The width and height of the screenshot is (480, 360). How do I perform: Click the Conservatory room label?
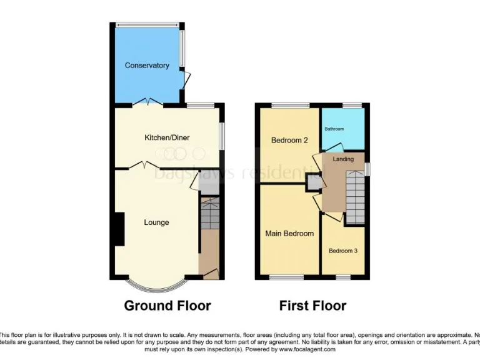click(147, 66)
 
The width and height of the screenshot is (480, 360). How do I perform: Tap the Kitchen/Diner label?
click(167, 137)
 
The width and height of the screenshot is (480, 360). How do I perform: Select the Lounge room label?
click(156, 222)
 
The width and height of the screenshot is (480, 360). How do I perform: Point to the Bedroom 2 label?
click(289, 141)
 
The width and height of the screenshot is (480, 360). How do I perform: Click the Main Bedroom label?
click(289, 234)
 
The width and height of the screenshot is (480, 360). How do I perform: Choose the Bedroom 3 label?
click(343, 251)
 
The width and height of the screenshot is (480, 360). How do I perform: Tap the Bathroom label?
click(334, 129)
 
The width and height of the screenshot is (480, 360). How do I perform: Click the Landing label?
click(343, 159)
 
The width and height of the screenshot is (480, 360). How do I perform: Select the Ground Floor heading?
click(167, 306)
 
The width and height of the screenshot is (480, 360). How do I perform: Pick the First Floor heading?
click(312, 306)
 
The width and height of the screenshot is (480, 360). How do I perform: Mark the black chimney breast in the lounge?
click(119, 229)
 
